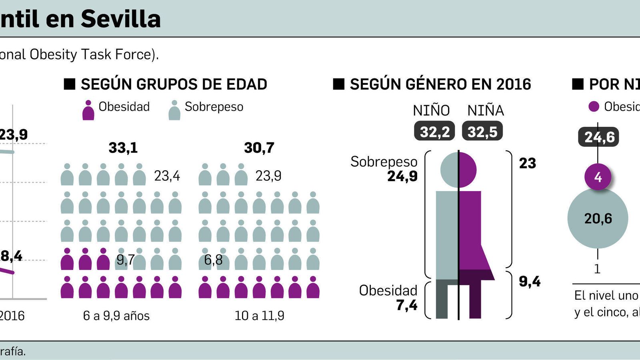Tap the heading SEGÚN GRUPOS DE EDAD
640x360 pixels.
(x=174, y=84)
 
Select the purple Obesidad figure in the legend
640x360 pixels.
(x=88, y=110)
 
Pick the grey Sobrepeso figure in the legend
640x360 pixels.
(x=174, y=110)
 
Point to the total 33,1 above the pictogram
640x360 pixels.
(x=123, y=148)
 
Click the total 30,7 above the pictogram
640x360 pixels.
(x=259, y=148)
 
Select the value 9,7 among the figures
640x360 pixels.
(x=126, y=260)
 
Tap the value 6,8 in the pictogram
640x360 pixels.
(x=213, y=260)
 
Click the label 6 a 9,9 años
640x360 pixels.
(x=116, y=316)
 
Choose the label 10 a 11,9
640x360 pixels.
(x=259, y=316)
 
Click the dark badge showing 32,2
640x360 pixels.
(x=434, y=131)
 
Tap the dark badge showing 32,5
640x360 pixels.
(x=482, y=131)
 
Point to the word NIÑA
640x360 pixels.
(x=486, y=110)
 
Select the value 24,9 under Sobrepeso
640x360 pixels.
(x=402, y=176)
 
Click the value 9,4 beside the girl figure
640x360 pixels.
(x=530, y=282)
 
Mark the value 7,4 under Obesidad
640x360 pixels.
(x=407, y=305)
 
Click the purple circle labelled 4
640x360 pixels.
(x=598, y=177)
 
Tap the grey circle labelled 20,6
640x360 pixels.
(x=598, y=218)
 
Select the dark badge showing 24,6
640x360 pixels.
(x=599, y=137)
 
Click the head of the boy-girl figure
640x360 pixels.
(x=458, y=170)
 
